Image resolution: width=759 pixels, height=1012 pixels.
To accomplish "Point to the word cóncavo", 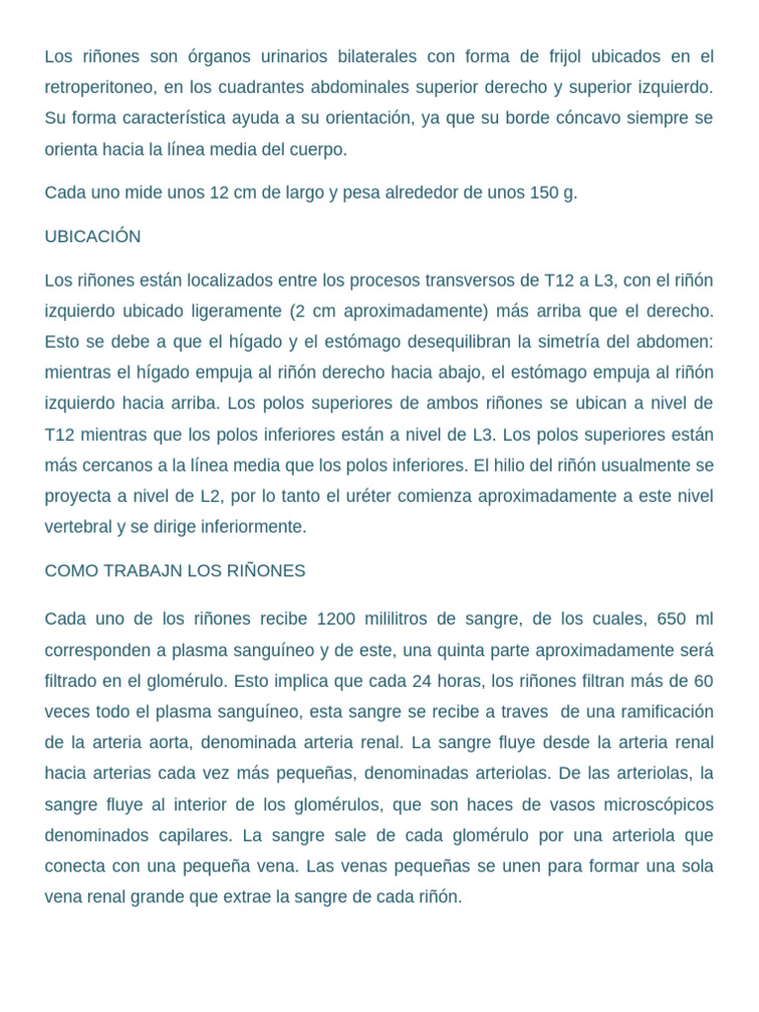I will [x=585, y=118].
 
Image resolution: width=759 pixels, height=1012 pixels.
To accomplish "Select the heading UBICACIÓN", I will [x=93, y=237].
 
